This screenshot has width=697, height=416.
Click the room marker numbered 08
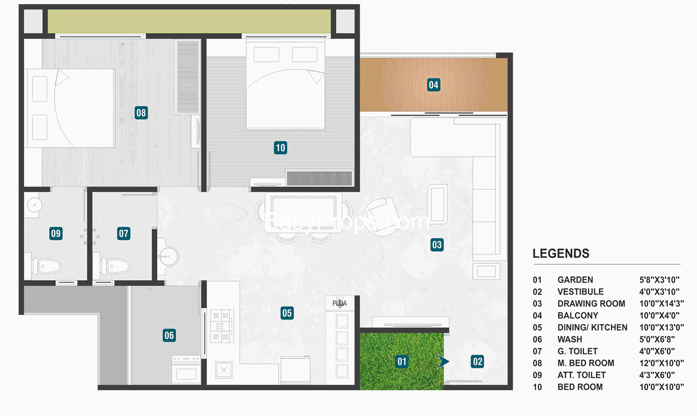(141, 113)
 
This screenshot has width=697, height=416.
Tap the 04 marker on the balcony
(433, 85)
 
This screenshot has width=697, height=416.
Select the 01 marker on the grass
(402, 362)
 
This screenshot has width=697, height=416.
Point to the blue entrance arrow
(443, 362)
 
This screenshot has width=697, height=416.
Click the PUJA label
(339, 303)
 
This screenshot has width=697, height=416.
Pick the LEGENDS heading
(561, 253)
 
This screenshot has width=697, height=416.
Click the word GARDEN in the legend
(575, 280)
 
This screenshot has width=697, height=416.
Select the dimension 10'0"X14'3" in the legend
(662, 304)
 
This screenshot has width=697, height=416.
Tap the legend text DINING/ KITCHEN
(593, 328)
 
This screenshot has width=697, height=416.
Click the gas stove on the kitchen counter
(222, 326)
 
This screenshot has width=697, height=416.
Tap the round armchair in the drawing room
(382, 217)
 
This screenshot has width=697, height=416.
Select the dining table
(303, 213)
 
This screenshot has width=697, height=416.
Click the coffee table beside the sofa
(437, 204)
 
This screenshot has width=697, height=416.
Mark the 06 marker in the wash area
(169, 336)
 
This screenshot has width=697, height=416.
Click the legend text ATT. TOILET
(582, 375)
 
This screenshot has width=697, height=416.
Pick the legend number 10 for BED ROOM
(537, 387)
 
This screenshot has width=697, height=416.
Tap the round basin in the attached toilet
(34, 205)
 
